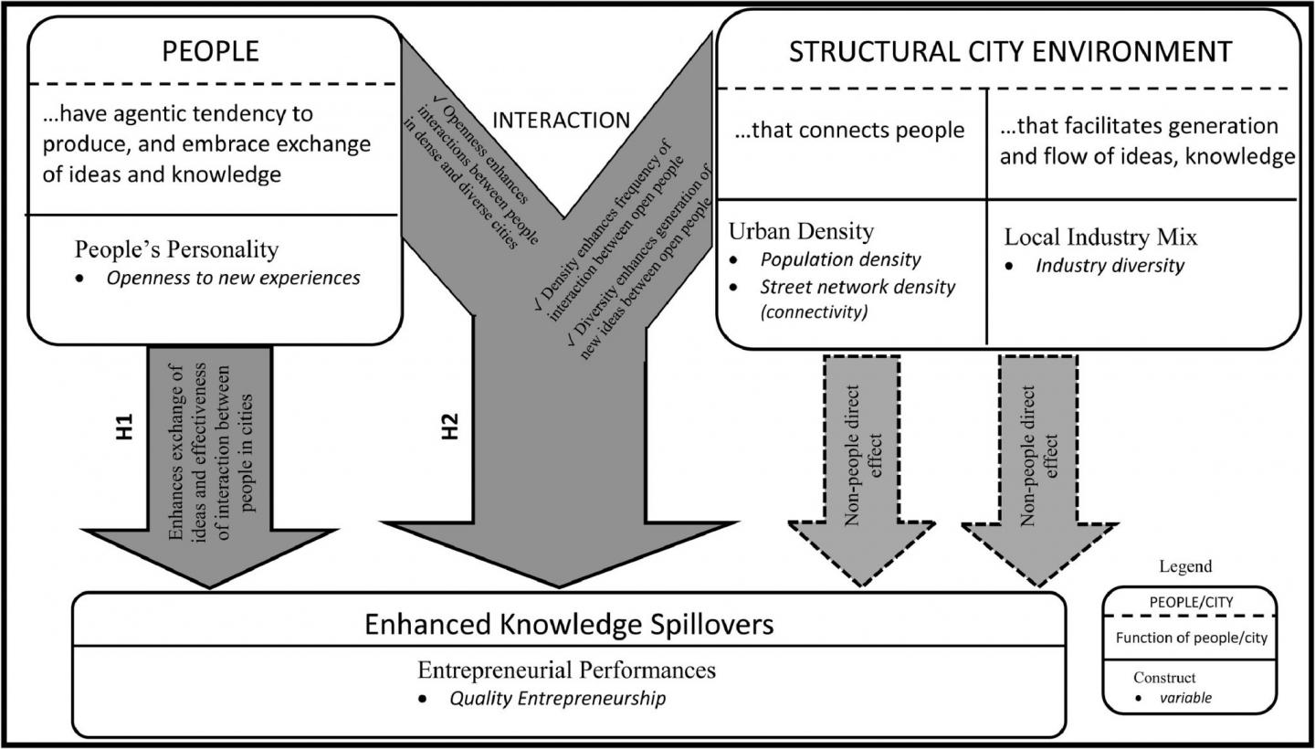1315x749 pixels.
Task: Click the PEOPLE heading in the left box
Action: pyautogui.click(x=210, y=51)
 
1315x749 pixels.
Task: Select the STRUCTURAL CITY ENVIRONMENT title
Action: pyautogui.click(x=1010, y=51)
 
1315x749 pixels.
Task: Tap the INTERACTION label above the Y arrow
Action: pyautogui.click(x=561, y=120)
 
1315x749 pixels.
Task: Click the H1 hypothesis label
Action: pyautogui.click(x=125, y=427)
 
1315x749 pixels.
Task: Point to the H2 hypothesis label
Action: pyautogui.click(x=449, y=427)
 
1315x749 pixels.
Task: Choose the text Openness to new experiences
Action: pyautogui.click(x=233, y=278)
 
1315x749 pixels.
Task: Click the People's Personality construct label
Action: pyautogui.click(x=176, y=248)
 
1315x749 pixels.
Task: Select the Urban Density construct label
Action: pyautogui.click(x=801, y=231)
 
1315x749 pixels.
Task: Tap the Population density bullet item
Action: pyautogui.click(x=840, y=259)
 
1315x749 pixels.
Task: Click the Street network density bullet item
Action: pyautogui.click(x=857, y=287)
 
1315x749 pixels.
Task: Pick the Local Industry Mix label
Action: pyautogui.click(x=1100, y=237)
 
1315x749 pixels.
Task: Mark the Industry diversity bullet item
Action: pyautogui.click(x=1110, y=266)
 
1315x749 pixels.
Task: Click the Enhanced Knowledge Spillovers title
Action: pyautogui.click(x=569, y=624)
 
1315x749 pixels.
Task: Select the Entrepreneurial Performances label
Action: pyautogui.click(x=566, y=670)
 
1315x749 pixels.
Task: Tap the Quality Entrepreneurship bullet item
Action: pyautogui.click(x=557, y=699)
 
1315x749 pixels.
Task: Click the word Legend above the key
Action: pyautogui.click(x=1185, y=566)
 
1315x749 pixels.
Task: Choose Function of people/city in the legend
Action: pyautogui.click(x=1191, y=638)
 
